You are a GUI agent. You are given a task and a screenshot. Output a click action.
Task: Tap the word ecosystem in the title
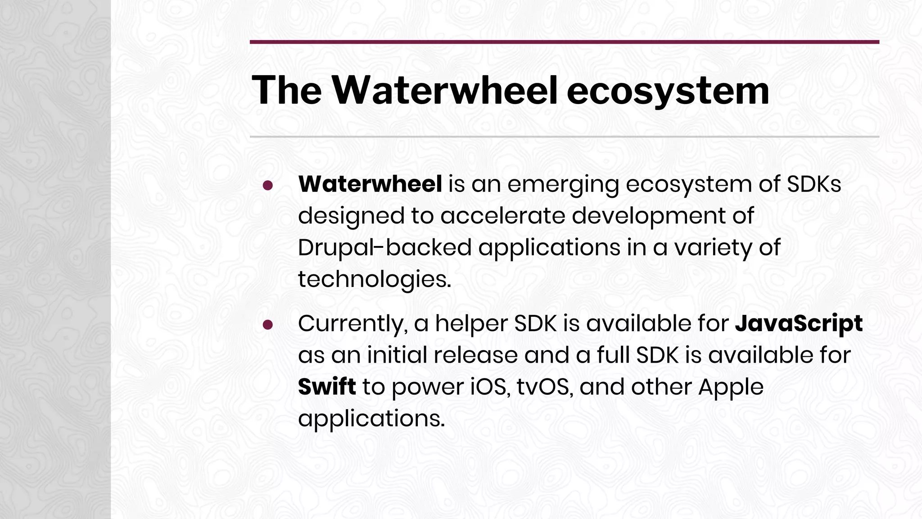(668, 90)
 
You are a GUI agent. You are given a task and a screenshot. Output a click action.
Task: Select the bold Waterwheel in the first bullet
(370, 184)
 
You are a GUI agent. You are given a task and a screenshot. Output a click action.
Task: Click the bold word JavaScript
(799, 323)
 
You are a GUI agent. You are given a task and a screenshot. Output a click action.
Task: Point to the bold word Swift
(327, 387)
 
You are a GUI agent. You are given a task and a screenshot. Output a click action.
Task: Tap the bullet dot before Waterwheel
(268, 186)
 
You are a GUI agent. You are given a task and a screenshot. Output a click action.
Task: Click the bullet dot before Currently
(268, 325)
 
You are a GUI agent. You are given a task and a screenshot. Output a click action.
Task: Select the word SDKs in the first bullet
(814, 184)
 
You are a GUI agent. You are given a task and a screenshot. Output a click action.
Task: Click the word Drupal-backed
(384, 247)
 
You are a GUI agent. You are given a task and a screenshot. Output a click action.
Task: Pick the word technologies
(374, 280)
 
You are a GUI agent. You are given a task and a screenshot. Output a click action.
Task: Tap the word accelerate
(503, 216)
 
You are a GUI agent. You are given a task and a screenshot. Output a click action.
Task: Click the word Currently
(353, 324)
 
